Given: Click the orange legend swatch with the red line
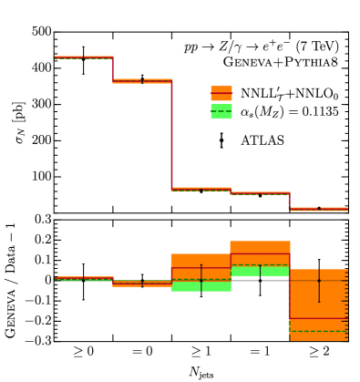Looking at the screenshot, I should pos(221,93).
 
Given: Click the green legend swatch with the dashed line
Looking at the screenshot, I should pos(221,111).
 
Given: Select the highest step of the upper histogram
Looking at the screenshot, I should pos(83,57).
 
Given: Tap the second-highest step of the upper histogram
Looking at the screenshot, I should pos(142,81).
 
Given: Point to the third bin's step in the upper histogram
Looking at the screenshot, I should pos(201,190).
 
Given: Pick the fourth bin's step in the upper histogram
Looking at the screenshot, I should pos(260,193).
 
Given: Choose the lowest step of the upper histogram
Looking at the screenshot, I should pos(319,209).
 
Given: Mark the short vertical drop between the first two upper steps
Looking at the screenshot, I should pos(113,69).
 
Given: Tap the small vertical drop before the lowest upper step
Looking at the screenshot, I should pos(289,201).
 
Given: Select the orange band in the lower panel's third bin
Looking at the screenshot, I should pos(201,261).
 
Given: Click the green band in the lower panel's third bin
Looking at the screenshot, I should pos(201,285).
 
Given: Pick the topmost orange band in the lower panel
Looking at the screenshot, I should pos(260,247).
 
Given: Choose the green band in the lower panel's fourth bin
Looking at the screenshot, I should pos(260,270).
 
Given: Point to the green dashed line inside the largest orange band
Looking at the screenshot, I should pos(319,331).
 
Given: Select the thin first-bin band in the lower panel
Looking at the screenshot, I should pos(83,278).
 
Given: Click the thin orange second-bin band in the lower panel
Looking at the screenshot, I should pos(142,284).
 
